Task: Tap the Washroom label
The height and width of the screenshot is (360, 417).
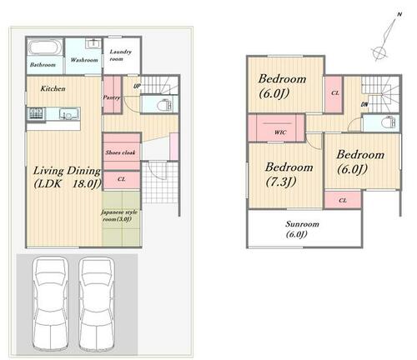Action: pos(84,60)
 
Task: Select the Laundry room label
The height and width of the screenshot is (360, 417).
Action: pos(120,55)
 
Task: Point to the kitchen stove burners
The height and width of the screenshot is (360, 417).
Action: pos(36,113)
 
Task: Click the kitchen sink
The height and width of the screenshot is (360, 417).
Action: pos(69,114)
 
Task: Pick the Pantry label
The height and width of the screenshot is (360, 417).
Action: pos(112,97)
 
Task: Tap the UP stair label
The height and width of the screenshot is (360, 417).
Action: pos(137,86)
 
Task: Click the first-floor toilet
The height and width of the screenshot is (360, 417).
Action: pos(164,105)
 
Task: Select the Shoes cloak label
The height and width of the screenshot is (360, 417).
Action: pos(120,152)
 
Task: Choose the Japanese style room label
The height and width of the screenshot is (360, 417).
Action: pos(118,216)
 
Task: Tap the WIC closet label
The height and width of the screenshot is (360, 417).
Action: pos(280,132)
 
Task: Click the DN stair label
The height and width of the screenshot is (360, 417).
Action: pos(364,104)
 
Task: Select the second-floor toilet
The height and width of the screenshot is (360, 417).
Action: pos(389,122)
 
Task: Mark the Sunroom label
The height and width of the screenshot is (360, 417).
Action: pos(302,229)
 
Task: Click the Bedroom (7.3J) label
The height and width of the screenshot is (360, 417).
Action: pos(289,174)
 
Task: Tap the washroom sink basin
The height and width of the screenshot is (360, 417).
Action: pos(93,43)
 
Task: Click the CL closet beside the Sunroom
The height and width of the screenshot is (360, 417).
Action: pos(343,200)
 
